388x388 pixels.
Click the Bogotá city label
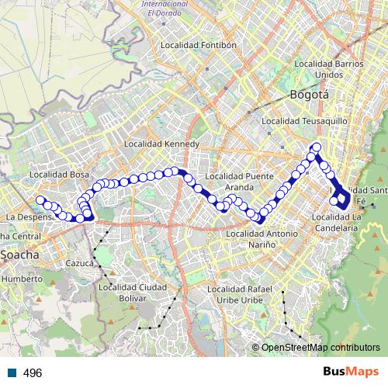tap(309, 95)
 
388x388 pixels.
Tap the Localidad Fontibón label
tap(198, 46)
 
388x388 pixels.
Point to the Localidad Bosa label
tap(60, 175)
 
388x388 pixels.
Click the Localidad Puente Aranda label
tap(248, 181)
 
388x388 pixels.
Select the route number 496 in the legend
tap(33, 372)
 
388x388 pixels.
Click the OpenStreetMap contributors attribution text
tap(321, 348)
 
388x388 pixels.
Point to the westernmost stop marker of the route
tap(40, 200)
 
